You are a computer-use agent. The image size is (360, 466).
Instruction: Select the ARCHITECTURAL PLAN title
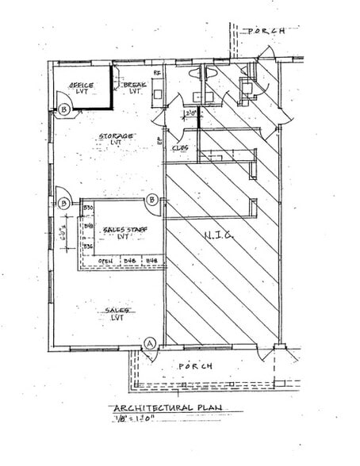point(163,410)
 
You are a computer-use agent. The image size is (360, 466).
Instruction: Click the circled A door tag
point(149,343)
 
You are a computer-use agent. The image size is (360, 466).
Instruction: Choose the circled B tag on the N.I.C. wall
point(151,201)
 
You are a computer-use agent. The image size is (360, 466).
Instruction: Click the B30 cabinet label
point(89,208)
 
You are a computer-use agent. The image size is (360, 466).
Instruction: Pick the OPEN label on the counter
point(105,261)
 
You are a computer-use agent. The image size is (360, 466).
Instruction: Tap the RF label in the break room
point(157,74)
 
